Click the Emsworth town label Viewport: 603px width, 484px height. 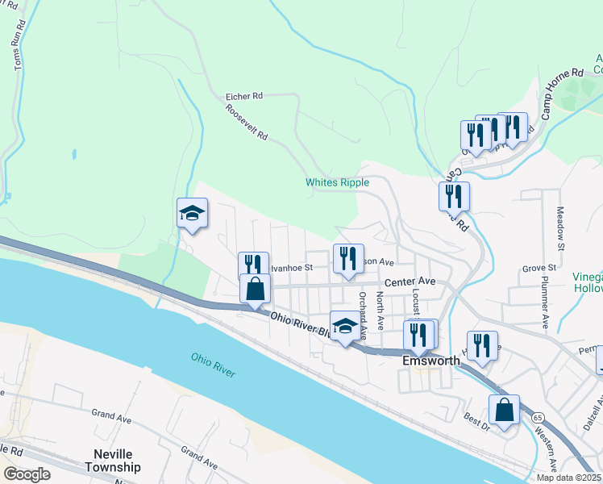tap(430, 361)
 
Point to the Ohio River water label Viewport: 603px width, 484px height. tap(213, 364)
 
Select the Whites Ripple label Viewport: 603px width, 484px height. tap(337, 182)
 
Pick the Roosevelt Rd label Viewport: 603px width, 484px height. tap(247, 123)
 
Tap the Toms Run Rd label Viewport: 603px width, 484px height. tap(19, 49)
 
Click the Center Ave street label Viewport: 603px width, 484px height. tap(409, 282)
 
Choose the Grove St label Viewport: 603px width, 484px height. tap(539, 267)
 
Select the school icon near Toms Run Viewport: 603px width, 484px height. tap(193, 213)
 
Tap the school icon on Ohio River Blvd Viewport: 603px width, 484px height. tap(346, 326)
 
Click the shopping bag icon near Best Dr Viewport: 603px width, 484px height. tap(504, 410)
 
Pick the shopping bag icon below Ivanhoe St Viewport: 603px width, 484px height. tap(255, 289)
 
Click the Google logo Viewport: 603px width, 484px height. tap(27, 474)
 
